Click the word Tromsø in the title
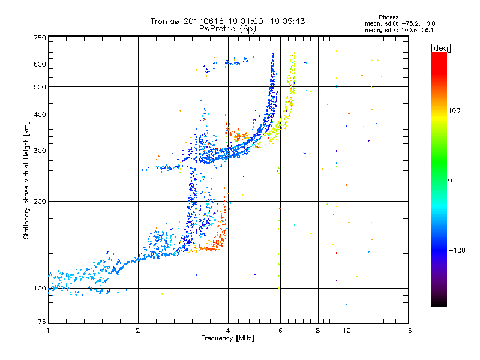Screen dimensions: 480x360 [x=166, y=21]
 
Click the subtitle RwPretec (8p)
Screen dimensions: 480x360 [x=227, y=29]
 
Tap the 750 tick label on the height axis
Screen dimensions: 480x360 [x=40, y=38]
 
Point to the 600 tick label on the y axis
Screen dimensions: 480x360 [x=40, y=64]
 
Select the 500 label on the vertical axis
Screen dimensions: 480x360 [x=40, y=87]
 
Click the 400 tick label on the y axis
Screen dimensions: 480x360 [x=40, y=115]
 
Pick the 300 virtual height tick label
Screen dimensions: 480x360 [x=40, y=151]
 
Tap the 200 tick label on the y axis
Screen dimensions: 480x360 [x=40, y=202]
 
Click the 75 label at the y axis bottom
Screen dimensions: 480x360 [x=42, y=322]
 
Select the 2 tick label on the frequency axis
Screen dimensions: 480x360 [x=138, y=331]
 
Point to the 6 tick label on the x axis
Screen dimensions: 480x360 [x=280, y=331]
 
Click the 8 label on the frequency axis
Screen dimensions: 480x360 [x=318, y=331]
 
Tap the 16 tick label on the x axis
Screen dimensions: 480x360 [x=408, y=331]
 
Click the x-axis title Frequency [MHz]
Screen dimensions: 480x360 [x=227, y=338]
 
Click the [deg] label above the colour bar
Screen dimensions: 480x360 [x=440, y=49]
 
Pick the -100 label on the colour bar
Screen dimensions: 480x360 [x=457, y=250]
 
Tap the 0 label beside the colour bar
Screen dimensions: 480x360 [x=450, y=181]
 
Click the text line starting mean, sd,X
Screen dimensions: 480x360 [x=399, y=31]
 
